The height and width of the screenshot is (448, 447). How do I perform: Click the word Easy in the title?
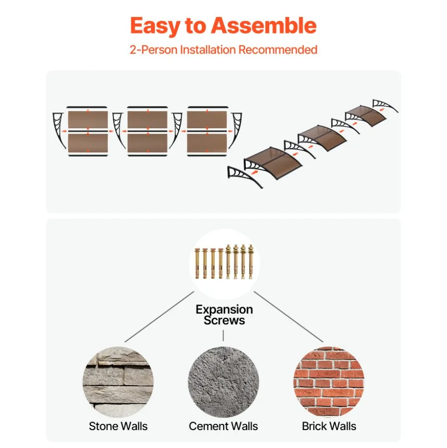pyautogui.click(x=155, y=26)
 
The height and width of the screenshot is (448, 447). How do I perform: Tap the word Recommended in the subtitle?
pyautogui.click(x=278, y=50)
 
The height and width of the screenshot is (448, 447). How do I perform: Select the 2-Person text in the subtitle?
pyautogui.click(x=153, y=50)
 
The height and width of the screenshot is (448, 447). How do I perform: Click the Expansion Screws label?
pyautogui.click(x=224, y=315)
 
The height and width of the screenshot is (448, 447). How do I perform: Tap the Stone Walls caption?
pyautogui.click(x=118, y=426)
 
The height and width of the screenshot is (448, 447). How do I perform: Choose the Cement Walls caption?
pyautogui.click(x=223, y=426)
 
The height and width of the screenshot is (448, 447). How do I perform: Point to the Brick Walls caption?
pyautogui.click(x=329, y=426)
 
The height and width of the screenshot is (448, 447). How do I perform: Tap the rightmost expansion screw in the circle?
pyautogui.click(x=251, y=262)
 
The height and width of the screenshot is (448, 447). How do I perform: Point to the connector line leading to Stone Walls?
pyautogui.click(x=159, y=317)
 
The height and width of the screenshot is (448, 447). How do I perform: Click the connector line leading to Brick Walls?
pyautogui.click(x=288, y=317)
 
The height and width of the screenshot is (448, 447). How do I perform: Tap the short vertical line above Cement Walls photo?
pyautogui.click(x=223, y=335)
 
